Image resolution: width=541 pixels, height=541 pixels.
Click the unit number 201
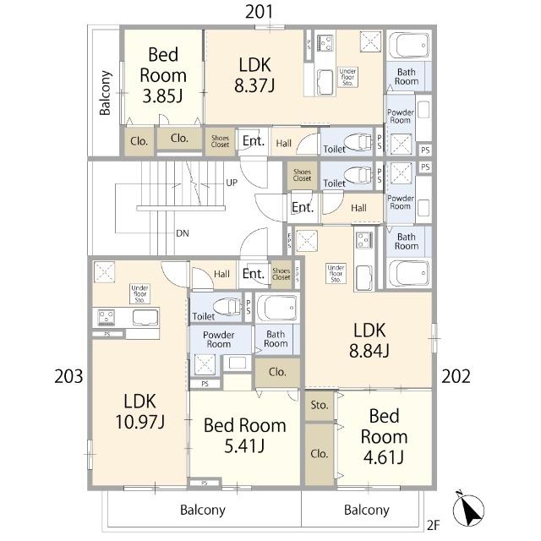pos(260,12)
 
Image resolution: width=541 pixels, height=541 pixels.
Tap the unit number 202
pos(456,376)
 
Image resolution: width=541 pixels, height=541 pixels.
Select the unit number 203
pos(68,376)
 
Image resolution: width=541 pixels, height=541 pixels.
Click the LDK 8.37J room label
pos(254,75)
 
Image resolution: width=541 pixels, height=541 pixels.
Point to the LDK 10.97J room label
pos(139,412)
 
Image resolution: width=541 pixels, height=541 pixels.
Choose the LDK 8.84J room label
pos(369,341)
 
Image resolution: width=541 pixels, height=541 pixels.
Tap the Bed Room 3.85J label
pos(163,75)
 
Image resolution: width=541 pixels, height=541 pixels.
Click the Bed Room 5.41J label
pos(244,435)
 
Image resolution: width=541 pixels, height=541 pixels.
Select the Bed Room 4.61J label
pos(384,436)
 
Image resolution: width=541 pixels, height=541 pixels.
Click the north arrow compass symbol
pos(468,510)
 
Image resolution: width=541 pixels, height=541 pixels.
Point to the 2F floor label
pos(434,525)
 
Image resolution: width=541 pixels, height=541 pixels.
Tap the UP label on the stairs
pos(232,183)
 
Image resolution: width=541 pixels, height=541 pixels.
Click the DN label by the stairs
pos(183,233)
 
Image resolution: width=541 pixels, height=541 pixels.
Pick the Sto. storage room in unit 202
pos(320,406)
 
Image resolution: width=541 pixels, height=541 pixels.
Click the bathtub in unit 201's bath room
pos(409,45)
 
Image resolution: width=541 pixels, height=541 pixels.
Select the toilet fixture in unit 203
pos(227,306)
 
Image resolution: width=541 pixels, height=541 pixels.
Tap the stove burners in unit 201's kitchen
pos(325,43)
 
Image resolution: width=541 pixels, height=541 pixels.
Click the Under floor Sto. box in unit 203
pos(139,294)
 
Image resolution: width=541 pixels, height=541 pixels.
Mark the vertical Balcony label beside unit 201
pos(105,93)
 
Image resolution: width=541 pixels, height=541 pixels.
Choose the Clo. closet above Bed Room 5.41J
pos(277,372)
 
